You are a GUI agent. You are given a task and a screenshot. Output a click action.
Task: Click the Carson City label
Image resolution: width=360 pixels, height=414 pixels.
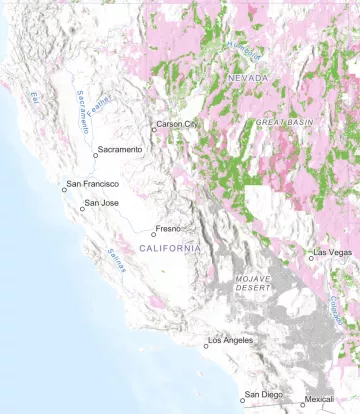click(x=179, y=125)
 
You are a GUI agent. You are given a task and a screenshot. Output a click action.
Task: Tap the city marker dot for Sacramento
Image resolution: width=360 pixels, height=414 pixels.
click(x=96, y=155)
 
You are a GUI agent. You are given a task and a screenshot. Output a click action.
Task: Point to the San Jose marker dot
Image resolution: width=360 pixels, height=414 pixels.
click(x=82, y=209)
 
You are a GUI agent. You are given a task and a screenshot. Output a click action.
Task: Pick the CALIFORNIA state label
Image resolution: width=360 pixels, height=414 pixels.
click(x=170, y=247)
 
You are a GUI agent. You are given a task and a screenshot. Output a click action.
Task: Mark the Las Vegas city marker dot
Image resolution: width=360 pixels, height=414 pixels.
click(x=311, y=257)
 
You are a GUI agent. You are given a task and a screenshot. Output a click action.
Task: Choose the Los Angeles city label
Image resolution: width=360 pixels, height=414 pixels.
click(x=232, y=340)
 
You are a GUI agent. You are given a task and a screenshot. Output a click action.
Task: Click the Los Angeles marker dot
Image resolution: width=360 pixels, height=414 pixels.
click(x=206, y=346)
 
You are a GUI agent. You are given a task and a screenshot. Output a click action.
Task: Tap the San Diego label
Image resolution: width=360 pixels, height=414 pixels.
click(x=265, y=395)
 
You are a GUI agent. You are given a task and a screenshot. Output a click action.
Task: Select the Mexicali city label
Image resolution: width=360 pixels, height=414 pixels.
click(x=320, y=400)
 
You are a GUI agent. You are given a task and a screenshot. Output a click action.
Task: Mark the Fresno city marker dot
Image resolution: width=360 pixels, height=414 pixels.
click(x=154, y=235)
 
